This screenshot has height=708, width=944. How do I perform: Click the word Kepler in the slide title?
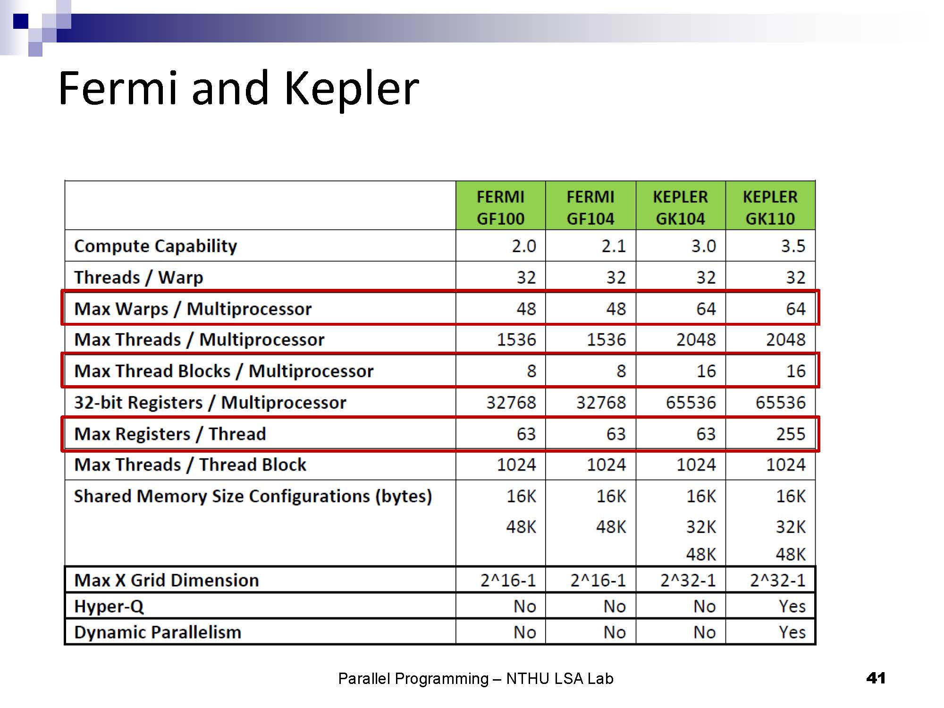pos(352,89)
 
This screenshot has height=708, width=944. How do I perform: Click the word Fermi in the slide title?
pos(118,89)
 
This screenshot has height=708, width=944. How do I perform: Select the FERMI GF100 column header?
pos(500,207)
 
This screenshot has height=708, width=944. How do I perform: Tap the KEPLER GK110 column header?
pos(770,207)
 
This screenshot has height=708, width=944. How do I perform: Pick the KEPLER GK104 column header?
pos(680,207)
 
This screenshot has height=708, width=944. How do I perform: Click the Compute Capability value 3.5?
pos(792,246)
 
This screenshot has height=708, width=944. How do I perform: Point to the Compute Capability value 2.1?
pos(613,246)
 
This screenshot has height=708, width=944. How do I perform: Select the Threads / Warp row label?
pos(138,277)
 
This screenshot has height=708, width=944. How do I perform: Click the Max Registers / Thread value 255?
pos(791,433)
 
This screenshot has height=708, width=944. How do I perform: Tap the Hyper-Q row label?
pos(109,606)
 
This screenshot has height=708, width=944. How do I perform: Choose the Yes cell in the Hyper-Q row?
pos(792,606)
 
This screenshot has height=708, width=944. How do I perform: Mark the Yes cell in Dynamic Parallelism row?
pos(792,632)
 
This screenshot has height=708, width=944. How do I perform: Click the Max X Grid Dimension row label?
pos(166,580)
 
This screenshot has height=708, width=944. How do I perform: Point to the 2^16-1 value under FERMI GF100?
pos(508,580)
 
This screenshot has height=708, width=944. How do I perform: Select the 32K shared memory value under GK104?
pos(701,527)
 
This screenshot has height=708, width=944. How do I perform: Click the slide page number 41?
pos(876,678)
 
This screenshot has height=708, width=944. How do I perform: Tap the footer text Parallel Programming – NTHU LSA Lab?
pos(475,679)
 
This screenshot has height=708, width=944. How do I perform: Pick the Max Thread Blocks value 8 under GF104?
pos(621,371)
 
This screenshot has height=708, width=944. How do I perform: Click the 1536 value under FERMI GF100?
pos(516,339)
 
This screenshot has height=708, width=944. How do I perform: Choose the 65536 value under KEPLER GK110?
pos(780,402)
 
